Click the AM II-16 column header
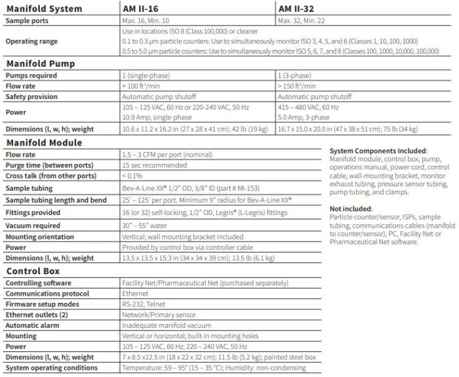point(142,9)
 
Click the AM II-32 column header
point(298,9)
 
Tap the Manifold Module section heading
point(44,142)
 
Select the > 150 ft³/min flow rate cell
point(298,86)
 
